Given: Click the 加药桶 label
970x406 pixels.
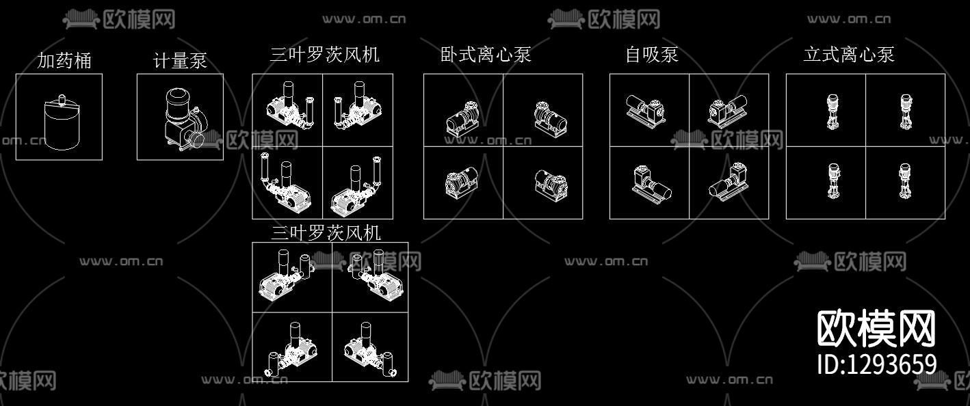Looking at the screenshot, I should click(x=64, y=61).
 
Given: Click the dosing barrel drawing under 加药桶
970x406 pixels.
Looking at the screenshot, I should click(x=60, y=123).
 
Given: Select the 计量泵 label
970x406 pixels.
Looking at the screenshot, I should click(x=180, y=61).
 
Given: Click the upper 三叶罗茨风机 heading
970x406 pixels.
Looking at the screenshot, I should click(x=324, y=55).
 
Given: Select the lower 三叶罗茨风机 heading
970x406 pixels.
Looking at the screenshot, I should click(x=326, y=233).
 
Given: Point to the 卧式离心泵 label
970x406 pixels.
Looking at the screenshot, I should click(x=486, y=55).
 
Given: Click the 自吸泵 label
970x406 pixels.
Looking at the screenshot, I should click(x=651, y=55).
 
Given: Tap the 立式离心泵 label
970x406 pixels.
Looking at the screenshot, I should click(x=849, y=55).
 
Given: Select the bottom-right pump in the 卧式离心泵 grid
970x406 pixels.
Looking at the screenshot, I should click(x=551, y=185).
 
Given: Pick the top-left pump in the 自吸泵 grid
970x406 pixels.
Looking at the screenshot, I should click(x=644, y=109).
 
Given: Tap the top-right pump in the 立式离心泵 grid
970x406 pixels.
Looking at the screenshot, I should click(x=905, y=113).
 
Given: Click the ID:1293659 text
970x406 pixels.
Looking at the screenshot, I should click(x=877, y=364).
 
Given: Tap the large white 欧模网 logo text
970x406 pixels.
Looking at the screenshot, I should click(x=876, y=329).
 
